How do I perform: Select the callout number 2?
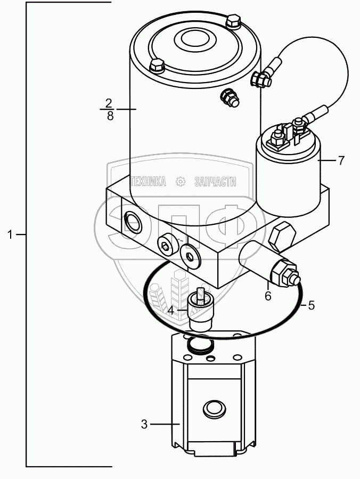coord(109,102)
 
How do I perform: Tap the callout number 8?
coord(109,116)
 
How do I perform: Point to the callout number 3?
coord(144,424)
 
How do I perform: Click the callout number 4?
coord(171,310)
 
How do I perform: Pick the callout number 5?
coord(312,305)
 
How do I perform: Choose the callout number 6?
coord(268,295)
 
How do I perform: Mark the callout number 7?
coord(341,159)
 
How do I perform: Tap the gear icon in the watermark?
coord(180,182)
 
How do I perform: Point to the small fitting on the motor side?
coord(230,98)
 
